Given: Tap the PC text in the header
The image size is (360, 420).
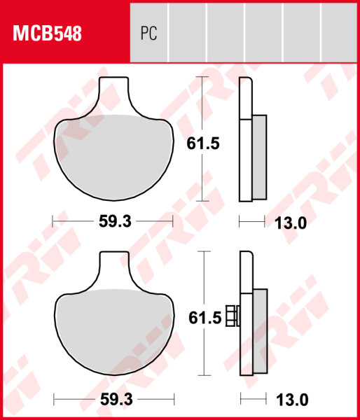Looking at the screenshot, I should pyautogui.click(x=148, y=34).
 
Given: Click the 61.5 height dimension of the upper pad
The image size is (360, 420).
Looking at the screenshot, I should pyautogui.click(x=203, y=143).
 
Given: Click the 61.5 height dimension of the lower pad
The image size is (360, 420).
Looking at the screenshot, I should pyautogui.click(x=203, y=318).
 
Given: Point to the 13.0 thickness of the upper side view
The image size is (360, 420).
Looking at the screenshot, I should pyautogui.click(x=292, y=223).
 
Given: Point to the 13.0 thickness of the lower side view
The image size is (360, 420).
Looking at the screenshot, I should pyautogui.click(x=292, y=400).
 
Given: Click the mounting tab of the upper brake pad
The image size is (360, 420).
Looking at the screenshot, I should pyautogui.click(x=116, y=94).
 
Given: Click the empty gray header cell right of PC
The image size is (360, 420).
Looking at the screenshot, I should pyautogui.click(x=188, y=34).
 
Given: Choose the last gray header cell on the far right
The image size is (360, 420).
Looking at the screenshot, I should pyautogui.click(x=340, y=34).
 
